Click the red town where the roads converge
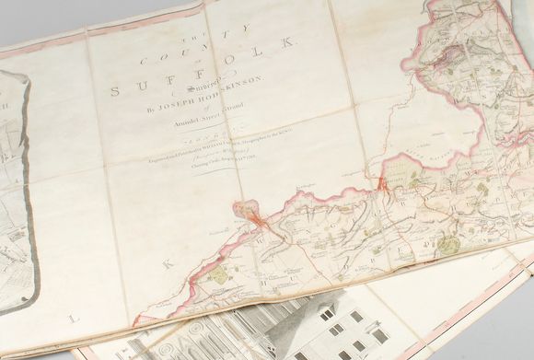click(261, 220)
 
